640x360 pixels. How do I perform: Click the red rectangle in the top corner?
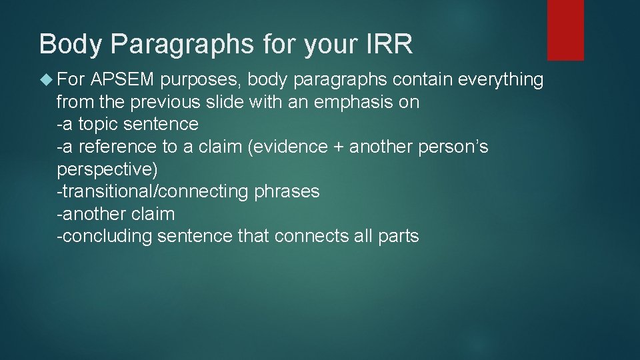[565, 30]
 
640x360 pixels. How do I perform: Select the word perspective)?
[107, 169]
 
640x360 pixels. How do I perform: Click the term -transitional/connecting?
[153, 192]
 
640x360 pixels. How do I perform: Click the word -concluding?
[105, 237]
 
